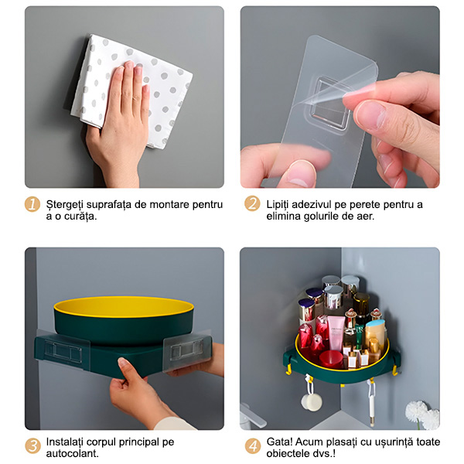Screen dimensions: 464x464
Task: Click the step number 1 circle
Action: click(32, 204)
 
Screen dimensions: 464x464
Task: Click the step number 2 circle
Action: click(252, 204)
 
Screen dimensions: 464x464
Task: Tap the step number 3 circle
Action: click(32, 446)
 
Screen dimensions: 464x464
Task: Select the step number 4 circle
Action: click(253, 446)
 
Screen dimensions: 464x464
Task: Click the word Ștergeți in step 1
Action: click(65, 205)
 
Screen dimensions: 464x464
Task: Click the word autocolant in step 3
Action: click(71, 453)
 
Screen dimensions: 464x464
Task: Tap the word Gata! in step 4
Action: click(280, 442)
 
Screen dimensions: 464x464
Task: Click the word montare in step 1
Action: click(168, 204)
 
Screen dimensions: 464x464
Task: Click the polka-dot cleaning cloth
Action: click(131, 91)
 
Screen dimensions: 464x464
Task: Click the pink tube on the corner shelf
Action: click(336, 333)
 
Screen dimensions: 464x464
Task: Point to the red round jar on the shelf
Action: click(332, 360)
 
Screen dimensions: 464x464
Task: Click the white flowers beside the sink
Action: click(422, 415)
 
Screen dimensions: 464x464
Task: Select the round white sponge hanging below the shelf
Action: click(312, 401)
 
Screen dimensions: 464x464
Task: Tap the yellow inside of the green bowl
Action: click(124, 306)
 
